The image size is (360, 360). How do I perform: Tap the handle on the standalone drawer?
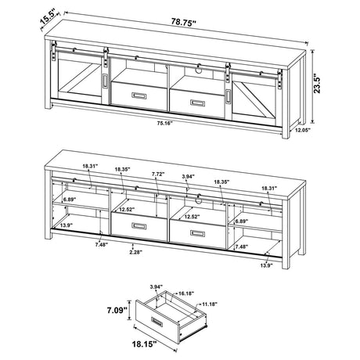(152, 320)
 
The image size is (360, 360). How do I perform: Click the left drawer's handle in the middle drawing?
(138, 226)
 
